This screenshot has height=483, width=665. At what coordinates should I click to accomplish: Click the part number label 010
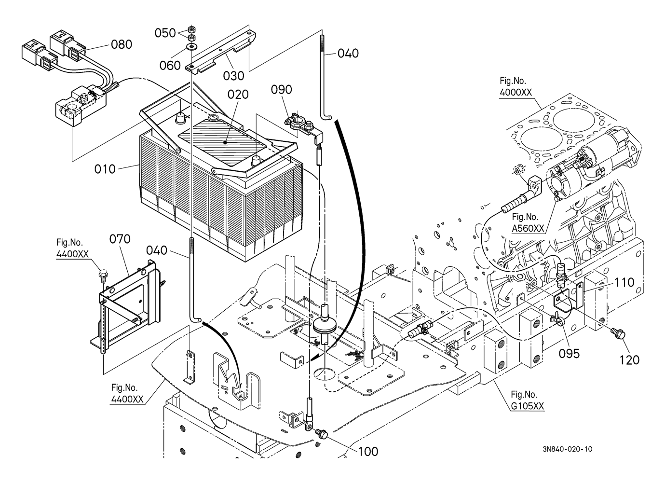click(105, 169)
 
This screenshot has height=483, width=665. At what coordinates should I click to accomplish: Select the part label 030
click(233, 76)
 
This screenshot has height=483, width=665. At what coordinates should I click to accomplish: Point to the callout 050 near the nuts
click(165, 33)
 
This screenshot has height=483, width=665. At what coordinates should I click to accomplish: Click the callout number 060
click(170, 65)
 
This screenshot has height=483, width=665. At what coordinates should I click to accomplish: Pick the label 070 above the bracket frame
click(120, 239)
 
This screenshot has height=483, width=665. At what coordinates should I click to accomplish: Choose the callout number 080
click(122, 44)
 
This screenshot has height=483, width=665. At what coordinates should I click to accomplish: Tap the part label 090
click(281, 89)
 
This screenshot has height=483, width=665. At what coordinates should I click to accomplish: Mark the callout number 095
click(569, 353)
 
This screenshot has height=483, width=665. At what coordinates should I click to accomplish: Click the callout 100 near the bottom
click(368, 452)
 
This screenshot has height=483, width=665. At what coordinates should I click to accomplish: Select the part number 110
click(624, 282)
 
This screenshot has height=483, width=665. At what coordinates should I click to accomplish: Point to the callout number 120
click(629, 359)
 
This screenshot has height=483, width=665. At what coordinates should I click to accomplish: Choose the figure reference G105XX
click(528, 406)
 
